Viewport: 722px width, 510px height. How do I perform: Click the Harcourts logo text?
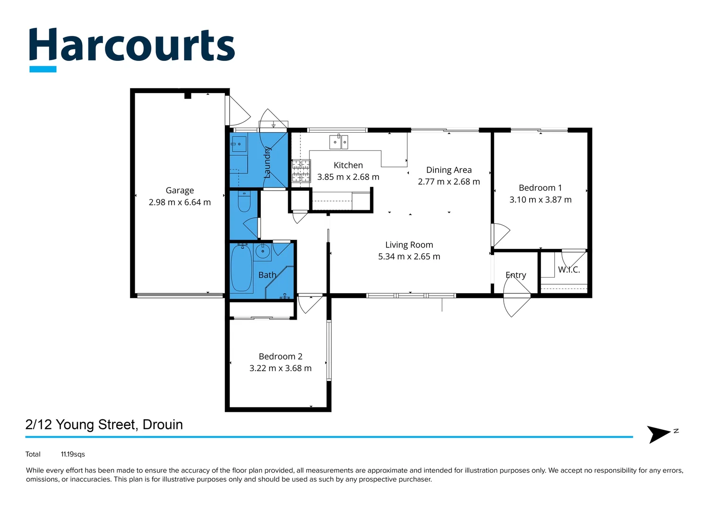[x=132, y=46]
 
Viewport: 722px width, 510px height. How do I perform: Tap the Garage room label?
[x=180, y=190]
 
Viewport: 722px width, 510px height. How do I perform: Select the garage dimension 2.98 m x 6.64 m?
[x=180, y=202]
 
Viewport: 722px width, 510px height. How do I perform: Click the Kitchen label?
[x=348, y=165]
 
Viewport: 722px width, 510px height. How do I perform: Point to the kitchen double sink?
[x=338, y=142]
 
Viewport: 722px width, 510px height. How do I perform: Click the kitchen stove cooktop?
[x=301, y=171]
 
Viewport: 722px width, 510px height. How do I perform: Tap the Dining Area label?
[x=449, y=170]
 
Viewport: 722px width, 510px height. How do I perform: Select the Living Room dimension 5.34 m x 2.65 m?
[x=409, y=256]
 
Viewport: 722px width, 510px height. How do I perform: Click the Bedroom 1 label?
[x=540, y=188]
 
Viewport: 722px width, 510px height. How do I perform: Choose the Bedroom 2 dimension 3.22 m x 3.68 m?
[x=280, y=368]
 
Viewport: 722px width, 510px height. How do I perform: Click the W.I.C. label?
[x=569, y=270]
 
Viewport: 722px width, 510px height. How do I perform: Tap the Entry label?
[x=516, y=275]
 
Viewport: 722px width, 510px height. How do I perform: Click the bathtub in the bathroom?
[x=241, y=268]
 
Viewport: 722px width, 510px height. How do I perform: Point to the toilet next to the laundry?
[x=244, y=202]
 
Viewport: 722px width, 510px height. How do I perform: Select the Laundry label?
[x=267, y=162]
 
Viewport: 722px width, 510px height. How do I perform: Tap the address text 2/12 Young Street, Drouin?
[x=104, y=425]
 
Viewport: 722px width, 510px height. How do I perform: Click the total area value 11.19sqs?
[x=73, y=454]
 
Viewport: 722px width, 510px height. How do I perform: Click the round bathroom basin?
[x=263, y=251]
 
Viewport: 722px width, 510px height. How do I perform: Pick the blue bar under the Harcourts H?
[x=43, y=69]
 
